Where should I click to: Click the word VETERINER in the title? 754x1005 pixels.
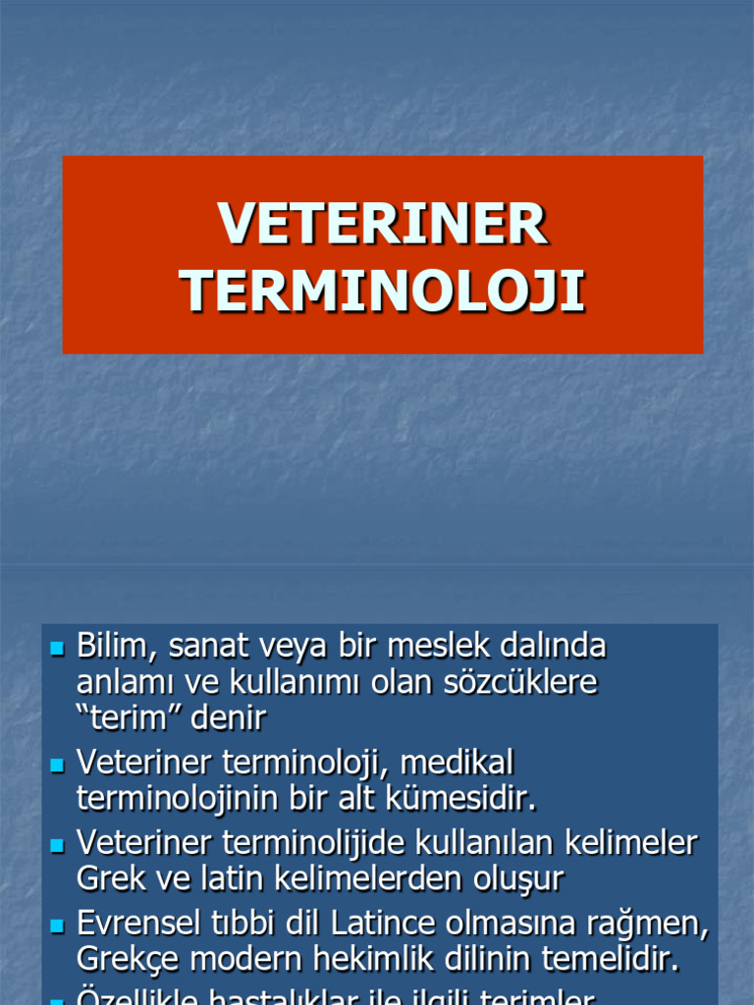382,224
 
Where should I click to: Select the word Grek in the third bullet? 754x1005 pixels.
109,878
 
